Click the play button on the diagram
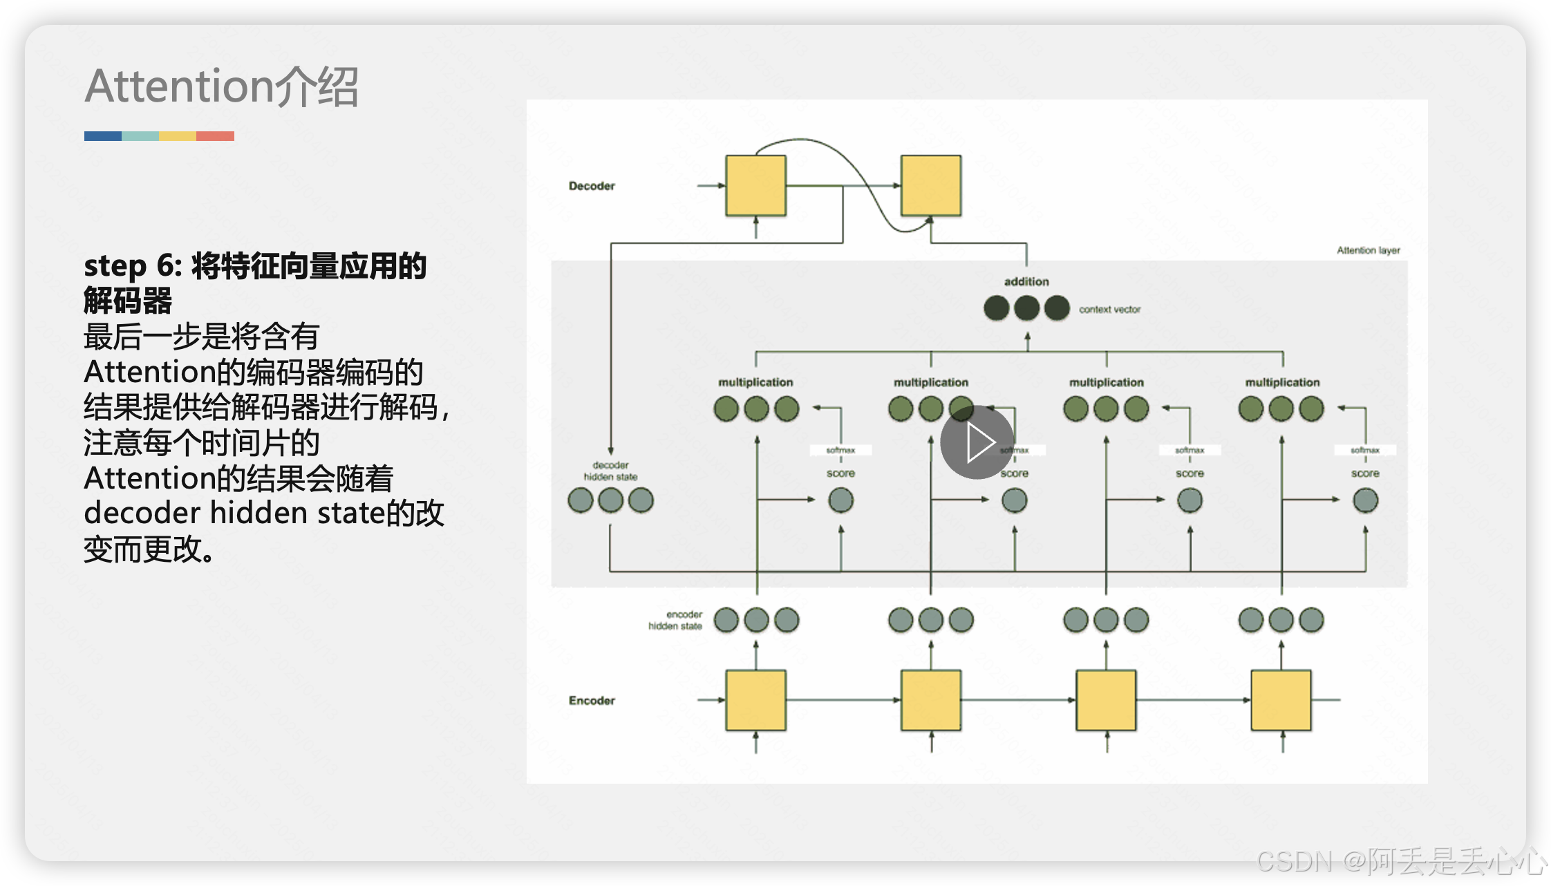click(x=977, y=442)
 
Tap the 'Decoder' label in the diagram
click(x=592, y=186)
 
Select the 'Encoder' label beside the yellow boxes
click(x=592, y=700)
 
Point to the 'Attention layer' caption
click(x=1368, y=250)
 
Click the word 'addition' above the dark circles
click(x=1026, y=281)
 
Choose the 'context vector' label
click(x=1109, y=309)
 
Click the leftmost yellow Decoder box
click(x=755, y=185)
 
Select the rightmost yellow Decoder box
click(x=930, y=185)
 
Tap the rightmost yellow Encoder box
click(x=1281, y=699)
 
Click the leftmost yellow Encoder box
click(x=755, y=699)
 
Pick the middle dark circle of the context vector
click(x=1026, y=308)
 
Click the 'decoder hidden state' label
click(x=610, y=471)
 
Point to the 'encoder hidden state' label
click(x=675, y=620)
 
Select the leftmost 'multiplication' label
click(x=755, y=382)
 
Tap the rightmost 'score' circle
click(x=1365, y=500)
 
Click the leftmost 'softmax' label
click(x=840, y=450)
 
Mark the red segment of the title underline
click(x=215, y=136)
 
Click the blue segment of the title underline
click(x=103, y=136)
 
